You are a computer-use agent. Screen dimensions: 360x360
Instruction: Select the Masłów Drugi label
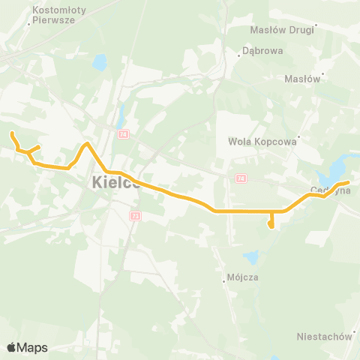click(x=283, y=31)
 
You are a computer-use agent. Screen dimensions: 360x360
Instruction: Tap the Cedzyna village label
click(x=331, y=190)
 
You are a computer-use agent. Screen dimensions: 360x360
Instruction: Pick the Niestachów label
click(x=324, y=336)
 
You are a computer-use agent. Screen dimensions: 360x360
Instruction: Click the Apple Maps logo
click(x=27, y=347)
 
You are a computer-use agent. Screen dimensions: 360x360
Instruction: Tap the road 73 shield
click(x=135, y=215)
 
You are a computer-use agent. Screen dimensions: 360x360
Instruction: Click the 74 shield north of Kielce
click(x=123, y=133)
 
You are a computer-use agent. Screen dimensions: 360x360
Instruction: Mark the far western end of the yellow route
click(x=11, y=133)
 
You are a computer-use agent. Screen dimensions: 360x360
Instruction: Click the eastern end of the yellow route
click(x=349, y=182)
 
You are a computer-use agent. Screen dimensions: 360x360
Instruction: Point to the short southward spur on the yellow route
click(x=271, y=223)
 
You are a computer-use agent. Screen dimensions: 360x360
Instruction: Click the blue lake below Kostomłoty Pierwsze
click(x=100, y=63)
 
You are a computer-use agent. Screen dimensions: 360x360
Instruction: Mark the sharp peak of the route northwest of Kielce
click(x=88, y=142)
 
